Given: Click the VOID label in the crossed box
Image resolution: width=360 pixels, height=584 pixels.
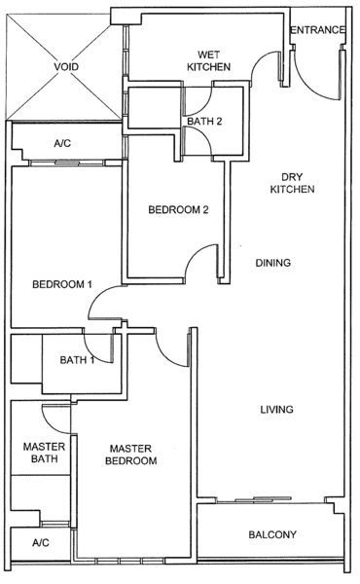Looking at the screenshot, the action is [66, 67].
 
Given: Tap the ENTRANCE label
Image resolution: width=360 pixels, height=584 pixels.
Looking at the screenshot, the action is [317, 30].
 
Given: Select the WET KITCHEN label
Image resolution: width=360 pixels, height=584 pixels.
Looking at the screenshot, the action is [208, 61].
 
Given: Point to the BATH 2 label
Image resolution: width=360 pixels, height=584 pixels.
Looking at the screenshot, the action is [204, 122].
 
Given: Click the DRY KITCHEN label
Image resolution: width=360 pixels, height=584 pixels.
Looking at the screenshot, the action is [292, 183].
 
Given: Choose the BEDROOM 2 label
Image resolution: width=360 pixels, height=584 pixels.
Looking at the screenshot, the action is [178, 210].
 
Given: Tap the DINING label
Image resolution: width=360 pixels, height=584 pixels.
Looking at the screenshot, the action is [272, 263].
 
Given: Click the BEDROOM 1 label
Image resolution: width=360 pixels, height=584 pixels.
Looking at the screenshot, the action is [62, 284].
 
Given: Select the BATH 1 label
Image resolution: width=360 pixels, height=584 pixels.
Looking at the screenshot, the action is [77, 360].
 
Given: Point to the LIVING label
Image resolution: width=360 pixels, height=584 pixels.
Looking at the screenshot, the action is [276, 410].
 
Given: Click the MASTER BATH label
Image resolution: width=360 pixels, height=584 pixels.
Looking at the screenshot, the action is [44, 453].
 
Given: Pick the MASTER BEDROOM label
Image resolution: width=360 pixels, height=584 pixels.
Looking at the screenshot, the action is [131, 455].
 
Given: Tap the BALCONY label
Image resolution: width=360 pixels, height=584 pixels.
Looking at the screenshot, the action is [272, 534].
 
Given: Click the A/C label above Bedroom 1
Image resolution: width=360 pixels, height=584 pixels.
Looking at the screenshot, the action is [62, 143].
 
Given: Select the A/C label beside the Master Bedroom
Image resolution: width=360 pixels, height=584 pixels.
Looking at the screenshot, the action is [41, 543].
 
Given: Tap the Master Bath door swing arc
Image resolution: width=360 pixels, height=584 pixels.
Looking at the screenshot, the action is [49, 425].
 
